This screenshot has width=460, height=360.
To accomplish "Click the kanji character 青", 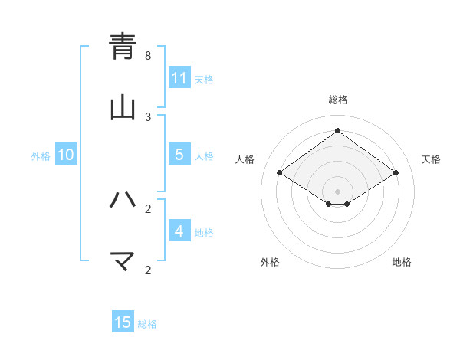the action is click(123, 47).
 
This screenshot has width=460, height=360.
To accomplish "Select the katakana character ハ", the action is click(123, 201).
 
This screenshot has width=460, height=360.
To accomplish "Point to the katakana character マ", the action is click(123, 261).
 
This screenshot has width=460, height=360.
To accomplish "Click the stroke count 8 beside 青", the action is click(148, 56).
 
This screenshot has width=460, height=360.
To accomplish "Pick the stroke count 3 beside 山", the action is click(148, 116).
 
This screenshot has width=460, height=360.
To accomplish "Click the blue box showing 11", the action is click(179, 78).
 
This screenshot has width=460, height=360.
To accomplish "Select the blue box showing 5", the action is click(179, 155).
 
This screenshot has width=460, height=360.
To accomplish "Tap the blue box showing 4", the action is click(179, 231).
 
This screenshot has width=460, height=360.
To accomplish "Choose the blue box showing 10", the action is click(66, 155).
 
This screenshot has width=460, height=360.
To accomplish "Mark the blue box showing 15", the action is click(123, 322).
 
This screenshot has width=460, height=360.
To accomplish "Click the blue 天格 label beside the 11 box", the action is click(204, 79).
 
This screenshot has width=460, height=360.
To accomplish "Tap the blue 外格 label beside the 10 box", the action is click(41, 155).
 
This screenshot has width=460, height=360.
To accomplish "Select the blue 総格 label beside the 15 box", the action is click(147, 324).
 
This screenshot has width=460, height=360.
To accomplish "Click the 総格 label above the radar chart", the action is click(338, 100).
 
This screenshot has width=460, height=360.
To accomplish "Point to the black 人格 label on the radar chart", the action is click(245, 159).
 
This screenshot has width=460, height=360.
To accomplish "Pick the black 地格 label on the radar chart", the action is click(402, 262).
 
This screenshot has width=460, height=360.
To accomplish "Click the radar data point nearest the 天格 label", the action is click(396, 173).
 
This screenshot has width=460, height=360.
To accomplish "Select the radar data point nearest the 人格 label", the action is click(280, 173).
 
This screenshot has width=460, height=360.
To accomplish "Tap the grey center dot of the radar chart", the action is click(338, 191).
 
